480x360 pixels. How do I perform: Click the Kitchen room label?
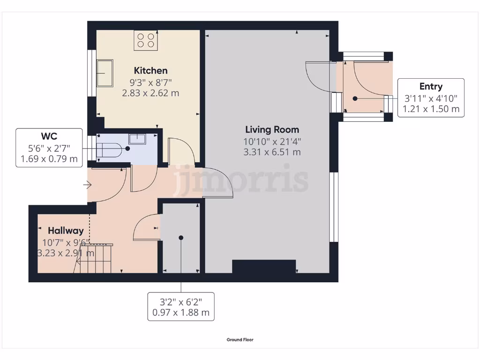tap(150, 71)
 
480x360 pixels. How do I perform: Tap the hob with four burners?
tap(145, 40)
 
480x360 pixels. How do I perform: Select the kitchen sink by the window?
tap(105, 73)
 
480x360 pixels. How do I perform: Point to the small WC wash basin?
tap(137, 138)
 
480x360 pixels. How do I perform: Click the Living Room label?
tap(272, 129)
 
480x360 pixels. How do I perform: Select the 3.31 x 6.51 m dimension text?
tap(272, 152)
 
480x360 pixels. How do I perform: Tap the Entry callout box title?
tap(431, 86)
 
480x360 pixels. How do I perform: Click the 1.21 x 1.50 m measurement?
tap(431, 109)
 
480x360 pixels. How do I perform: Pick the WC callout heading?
tap(49, 136)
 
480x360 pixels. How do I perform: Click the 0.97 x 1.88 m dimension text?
tap(181, 313)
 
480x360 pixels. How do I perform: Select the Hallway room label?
tap(66, 231)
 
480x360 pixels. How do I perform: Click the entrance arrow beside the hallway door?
tap(87, 185)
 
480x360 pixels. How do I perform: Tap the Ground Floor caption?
tap(240, 340)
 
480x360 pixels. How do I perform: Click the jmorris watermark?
tap(241, 180)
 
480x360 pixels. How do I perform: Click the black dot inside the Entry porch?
tap(355, 98)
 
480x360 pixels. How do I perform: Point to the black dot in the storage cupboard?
tap(181, 238)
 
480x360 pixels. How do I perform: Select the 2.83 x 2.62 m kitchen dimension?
tap(150, 93)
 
